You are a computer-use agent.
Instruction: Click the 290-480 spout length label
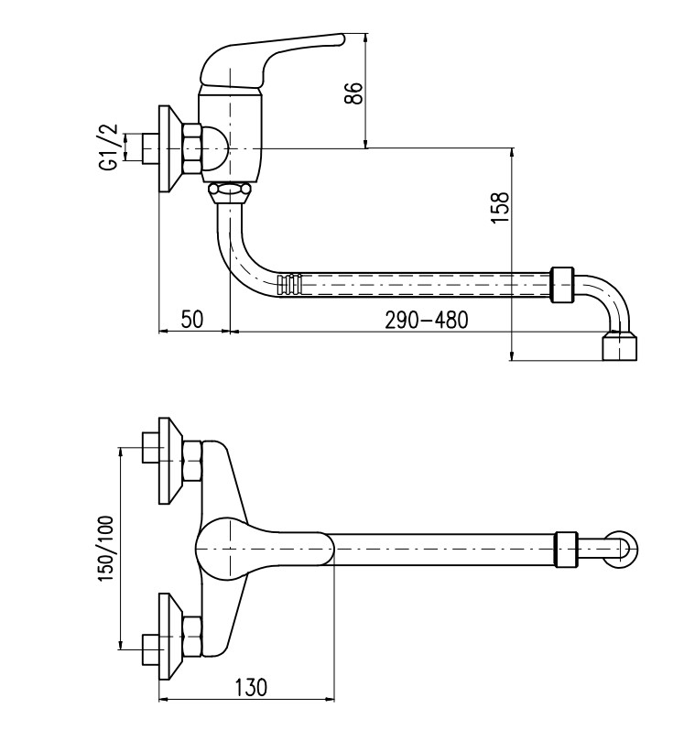pyautogui.click(x=426, y=320)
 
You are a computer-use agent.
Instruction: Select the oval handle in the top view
pyautogui.click(x=266, y=549)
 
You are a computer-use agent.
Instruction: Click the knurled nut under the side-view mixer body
pyautogui.click(x=228, y=191)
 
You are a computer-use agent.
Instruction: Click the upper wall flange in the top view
pyautogui.click(x=168, y=462)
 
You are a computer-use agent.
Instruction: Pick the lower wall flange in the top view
pyautogui.click(x=168, y=637)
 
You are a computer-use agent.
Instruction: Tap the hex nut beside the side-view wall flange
pyautogui.click(x=192, y=148)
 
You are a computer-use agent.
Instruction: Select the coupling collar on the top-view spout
pyautogui.click(x=567, y=550)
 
